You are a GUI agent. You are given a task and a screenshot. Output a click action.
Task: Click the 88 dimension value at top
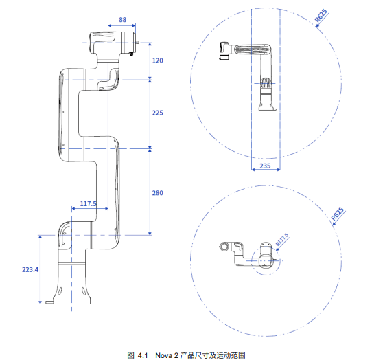122,20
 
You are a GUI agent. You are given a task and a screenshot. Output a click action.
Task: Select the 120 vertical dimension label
158,60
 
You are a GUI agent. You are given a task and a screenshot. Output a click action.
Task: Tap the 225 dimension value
158,113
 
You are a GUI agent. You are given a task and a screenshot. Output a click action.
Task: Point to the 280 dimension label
158,193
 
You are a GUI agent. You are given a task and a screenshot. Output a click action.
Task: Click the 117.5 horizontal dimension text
89,204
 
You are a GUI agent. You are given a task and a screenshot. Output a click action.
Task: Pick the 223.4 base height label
30,270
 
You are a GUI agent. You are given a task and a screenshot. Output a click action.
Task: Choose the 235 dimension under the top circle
265,166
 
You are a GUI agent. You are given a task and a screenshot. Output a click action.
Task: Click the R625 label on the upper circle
321,16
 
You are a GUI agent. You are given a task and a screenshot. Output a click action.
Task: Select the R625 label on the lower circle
338,214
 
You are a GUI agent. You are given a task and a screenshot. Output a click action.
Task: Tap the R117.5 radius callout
282,239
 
